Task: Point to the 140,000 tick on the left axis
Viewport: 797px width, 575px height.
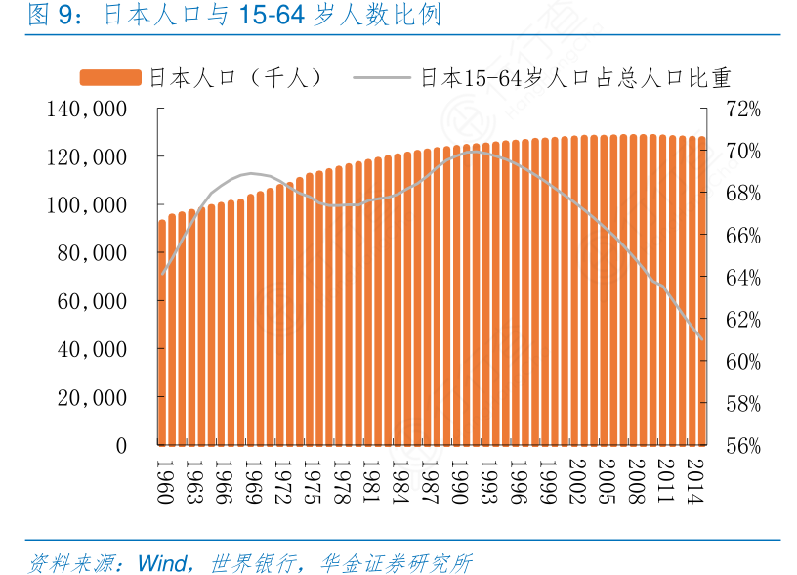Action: [x=86, y=109]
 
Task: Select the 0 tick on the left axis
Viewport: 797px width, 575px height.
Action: [x=121, y=446]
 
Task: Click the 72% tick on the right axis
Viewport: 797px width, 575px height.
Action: [x=742, y=109]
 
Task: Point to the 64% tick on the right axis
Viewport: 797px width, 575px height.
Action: [x=742, y=278]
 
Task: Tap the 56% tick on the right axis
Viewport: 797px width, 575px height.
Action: [x=742, y=446]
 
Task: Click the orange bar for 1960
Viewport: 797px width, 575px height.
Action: [x=162, y=332]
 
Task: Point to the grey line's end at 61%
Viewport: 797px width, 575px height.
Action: [x=701, y=338]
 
